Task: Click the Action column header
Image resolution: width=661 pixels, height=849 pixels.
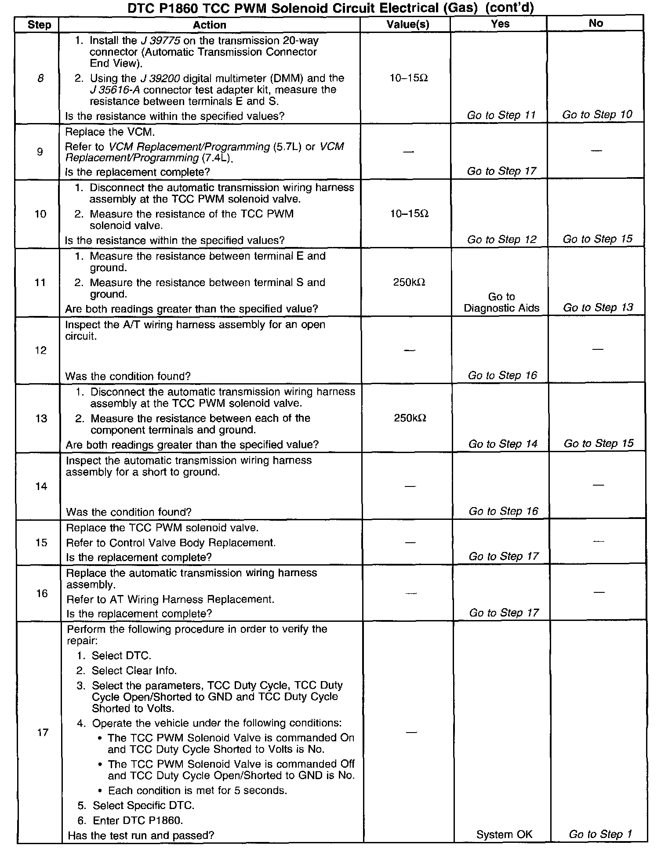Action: (209, 25)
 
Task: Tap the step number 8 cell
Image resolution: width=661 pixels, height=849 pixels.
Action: (40, 79)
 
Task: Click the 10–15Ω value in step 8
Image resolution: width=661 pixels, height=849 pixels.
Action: (409, 78)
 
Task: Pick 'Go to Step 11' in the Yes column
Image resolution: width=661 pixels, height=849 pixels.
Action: (501, 115)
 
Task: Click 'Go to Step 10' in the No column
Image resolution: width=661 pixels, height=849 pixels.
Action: (597, 115)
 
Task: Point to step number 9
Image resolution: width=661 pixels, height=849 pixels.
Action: (40, 152)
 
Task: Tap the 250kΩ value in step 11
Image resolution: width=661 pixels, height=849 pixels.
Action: (409, 282)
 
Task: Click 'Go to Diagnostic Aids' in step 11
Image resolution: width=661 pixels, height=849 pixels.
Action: (501, 302)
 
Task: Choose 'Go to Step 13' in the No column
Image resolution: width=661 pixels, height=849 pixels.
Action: (598, 308)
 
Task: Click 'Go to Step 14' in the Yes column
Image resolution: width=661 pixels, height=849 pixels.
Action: (503, 444)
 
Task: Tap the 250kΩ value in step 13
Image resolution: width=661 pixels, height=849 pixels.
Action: (410, 418)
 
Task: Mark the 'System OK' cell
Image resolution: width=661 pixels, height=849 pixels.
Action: (504, 834)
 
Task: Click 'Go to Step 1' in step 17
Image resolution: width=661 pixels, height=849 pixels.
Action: (600, 834)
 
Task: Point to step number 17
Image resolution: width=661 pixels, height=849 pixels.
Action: (42, 732)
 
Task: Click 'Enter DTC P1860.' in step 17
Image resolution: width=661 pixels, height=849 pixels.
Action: (138, 820)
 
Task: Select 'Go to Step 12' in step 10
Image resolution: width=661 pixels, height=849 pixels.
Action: (502, 239)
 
